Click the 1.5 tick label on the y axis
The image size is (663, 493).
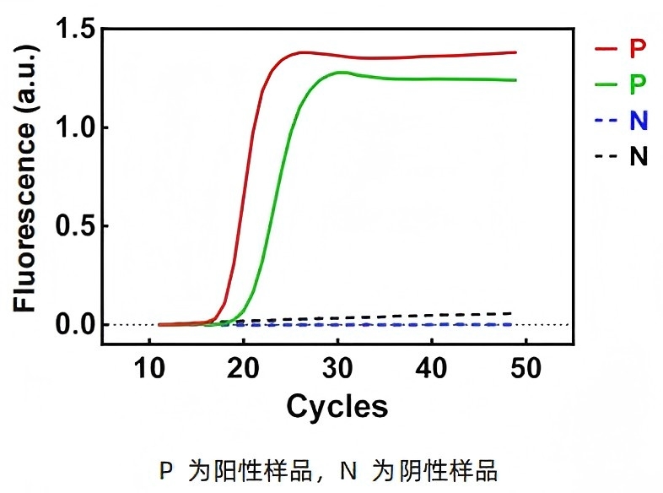(x=74, y=30)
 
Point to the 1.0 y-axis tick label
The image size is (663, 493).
(x=74, y=128)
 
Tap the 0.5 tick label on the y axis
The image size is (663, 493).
(x=74, y=226)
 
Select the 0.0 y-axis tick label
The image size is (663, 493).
(x=74, y=325)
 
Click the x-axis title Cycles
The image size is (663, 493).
(x=337, y=406)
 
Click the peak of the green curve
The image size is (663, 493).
(x=340, y=73)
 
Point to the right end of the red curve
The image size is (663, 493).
(x=515, y=52)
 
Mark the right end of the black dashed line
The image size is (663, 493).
(x=512, y=313)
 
